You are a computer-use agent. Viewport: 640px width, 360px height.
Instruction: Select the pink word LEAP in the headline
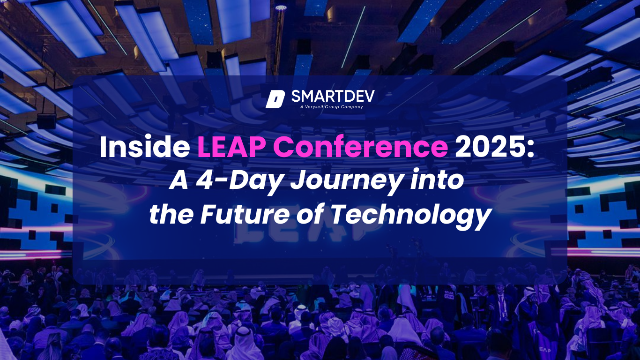pyautogui.click(x=227, y=148)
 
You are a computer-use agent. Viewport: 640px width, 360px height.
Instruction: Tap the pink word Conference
pyautogui.click(x=355, y=148)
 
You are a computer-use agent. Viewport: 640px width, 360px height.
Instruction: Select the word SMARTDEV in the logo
pyautogui.click(x=333, y=97)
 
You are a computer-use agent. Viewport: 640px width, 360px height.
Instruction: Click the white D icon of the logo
pyautogui.click(x=275, y=99)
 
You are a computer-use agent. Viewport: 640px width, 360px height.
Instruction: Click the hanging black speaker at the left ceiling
pyautogui.click(x=46, y=121)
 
